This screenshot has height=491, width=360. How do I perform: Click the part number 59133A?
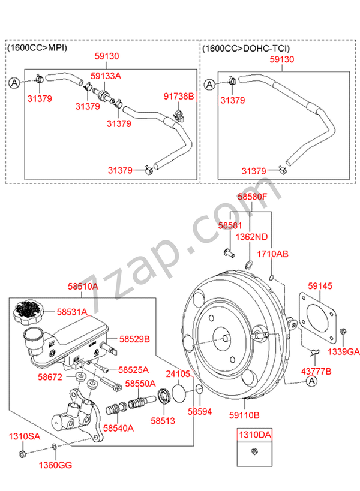pyautogui.click(x=106, y=76)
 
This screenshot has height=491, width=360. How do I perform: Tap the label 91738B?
pyautogui.click(x=179, y=96)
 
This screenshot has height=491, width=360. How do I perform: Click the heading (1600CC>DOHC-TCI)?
pyautogui.click(x=246, y=47)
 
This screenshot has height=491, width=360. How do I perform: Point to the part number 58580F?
pyautogui.click(x=252, y=196)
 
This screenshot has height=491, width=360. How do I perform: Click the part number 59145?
pyautogui.click(x=320, y=287)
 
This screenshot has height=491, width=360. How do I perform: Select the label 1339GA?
pyautogui.click(x=346, y=351)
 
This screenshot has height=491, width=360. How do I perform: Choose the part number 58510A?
pyautogui.click(x=82, y=288)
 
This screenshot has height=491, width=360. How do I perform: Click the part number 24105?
pyautogui.click(x=178, y=373)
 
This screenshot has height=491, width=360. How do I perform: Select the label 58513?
pyautogui.click(x=163, y=421)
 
